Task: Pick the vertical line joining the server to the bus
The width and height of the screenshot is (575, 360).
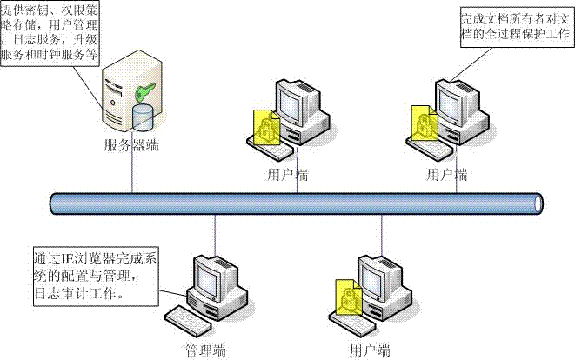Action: [131, 174]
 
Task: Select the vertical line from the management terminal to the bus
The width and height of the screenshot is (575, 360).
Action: [214, 233]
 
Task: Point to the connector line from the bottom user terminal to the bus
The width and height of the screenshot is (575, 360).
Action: [380, 233]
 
